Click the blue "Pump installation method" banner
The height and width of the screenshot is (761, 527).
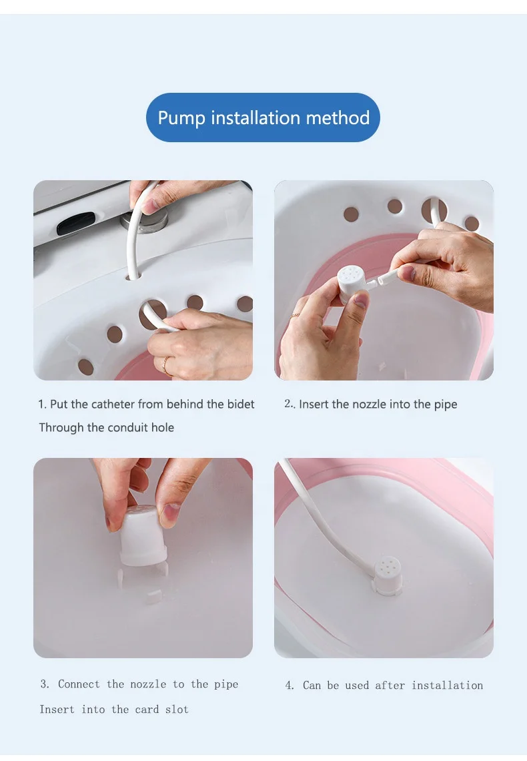click(x=263, y=117)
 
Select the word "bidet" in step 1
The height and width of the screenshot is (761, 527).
click(x=240, y=404)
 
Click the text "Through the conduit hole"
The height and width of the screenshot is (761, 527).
click(x=106, y=427)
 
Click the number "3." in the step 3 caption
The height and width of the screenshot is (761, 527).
click(x=45, y=684)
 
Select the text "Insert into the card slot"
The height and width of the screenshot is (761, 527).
click(x=113, y=709)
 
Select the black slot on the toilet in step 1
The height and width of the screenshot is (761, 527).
click(x=75, y=224)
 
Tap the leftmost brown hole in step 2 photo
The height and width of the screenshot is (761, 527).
click(x=351, y=214)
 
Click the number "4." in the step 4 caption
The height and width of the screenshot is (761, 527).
click(x=290, y=686)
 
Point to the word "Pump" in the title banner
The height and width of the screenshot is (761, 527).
click(x=181, y=118)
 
